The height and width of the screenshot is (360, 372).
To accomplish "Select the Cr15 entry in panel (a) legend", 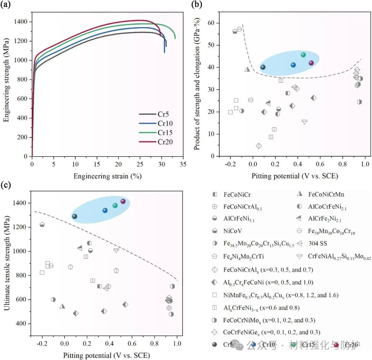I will [x=164, y=133].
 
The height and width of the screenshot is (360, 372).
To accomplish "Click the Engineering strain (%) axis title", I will [x=107, y=176].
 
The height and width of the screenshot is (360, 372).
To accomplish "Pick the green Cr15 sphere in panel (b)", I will [x=303, y=55].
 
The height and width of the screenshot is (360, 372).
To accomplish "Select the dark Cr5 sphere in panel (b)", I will [x=263, y=67].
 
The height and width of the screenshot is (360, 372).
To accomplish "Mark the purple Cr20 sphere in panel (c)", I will [x=123, y=201].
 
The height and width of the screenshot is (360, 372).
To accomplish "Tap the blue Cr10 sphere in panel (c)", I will [x=105, y=210].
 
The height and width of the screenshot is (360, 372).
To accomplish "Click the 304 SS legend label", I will [x=318, y=243].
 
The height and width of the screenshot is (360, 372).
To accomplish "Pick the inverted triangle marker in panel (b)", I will [x=304, y=122].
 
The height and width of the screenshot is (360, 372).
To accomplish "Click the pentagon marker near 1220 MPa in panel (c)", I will [x=42, y=224].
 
